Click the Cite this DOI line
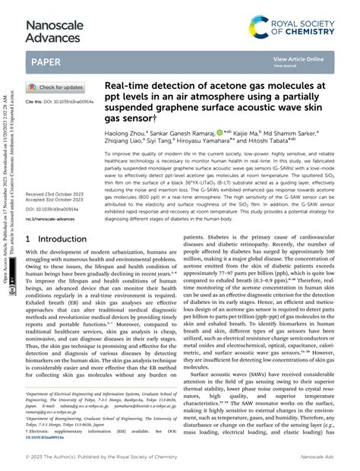pos(60,101)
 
